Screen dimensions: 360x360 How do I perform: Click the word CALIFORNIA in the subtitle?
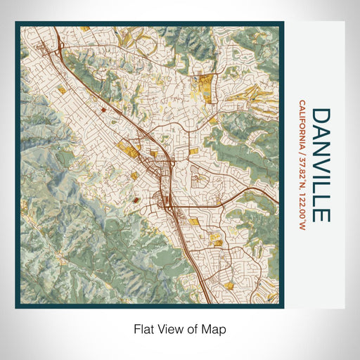(302, 127)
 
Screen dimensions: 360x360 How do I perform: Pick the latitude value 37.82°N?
(302, 176)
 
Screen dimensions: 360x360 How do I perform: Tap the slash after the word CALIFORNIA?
(302, 157)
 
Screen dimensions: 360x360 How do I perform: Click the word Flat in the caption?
(145, 328)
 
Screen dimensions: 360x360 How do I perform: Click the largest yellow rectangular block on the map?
(205, 86)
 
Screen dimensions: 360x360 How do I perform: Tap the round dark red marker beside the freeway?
(103, 110)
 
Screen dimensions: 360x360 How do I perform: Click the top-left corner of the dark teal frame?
(17, 23)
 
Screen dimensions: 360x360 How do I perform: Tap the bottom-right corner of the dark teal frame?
(283, 307)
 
